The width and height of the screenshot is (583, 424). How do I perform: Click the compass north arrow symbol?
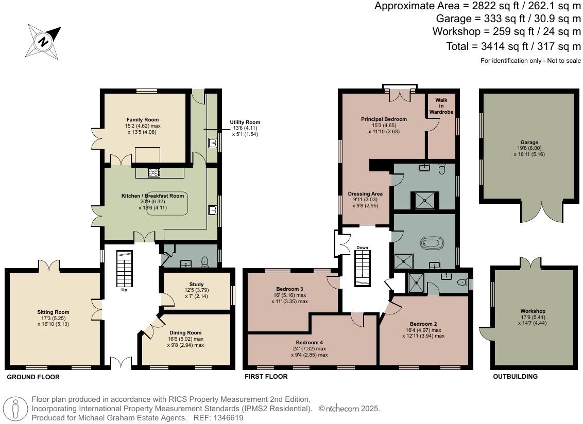pyautogui.click(x=44, y=41)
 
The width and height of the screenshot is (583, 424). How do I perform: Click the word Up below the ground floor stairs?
pyautogui.click(x=124, y=290)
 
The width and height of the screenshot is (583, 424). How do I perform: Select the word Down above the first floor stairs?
pyautogui.click(x=362, y=248)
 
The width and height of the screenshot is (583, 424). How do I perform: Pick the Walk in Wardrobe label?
pyautogui.click(x=441, y=106)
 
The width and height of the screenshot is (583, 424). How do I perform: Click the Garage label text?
pyautogui.click(x=529, y=143)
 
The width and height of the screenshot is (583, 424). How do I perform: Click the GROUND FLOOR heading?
pyautogui.click(x=33, y=377)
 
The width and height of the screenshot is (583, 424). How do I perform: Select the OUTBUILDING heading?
pyautogui.click(x=515, y=377)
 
